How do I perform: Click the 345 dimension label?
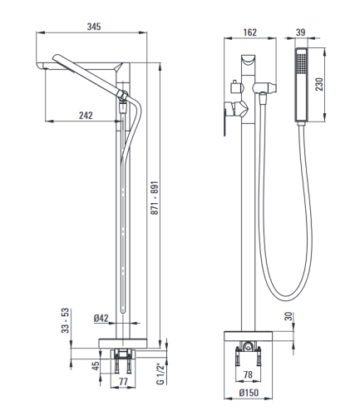coord(94,27)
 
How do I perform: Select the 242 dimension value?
coord(86,116)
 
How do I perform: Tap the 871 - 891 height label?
coord(155,198)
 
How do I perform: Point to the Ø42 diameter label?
coord(101,318)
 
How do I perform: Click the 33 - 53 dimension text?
coord(65,320)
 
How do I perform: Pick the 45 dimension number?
coord(96,366)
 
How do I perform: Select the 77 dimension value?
coord(123,382)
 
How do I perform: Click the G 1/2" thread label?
coord(160,374)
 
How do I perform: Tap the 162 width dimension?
coord(250,32)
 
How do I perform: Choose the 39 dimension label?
coord(300,32)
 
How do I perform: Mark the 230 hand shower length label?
coord(319,84)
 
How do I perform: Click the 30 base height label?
coord(288,316)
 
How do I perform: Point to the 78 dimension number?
coord(248,374)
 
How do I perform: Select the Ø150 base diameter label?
coord(249,393)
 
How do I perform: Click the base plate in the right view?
coord(248,336)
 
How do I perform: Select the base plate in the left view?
coord(122,344)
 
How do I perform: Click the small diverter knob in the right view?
coord(235,86)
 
